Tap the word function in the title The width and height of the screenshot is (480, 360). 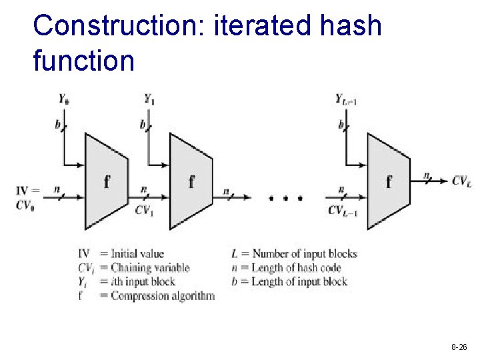83,61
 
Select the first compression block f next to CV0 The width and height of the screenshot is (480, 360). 106,181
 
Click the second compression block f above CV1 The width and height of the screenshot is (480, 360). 191,181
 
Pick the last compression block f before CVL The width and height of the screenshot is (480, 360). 389,181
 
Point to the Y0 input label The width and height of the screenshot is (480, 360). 64,99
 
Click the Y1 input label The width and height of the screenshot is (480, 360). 149,99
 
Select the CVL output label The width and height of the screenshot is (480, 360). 461,180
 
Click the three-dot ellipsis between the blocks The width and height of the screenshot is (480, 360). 285,198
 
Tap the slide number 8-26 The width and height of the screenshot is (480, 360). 459,347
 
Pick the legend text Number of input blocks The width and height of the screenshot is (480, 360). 303,253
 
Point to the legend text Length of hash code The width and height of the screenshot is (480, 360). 296,267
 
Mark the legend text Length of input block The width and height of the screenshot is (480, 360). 299,281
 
